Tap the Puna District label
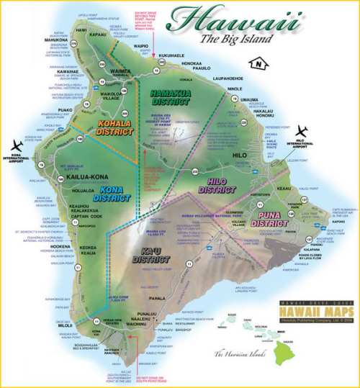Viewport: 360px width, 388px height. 269,220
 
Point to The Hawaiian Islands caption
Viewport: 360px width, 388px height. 242,353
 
